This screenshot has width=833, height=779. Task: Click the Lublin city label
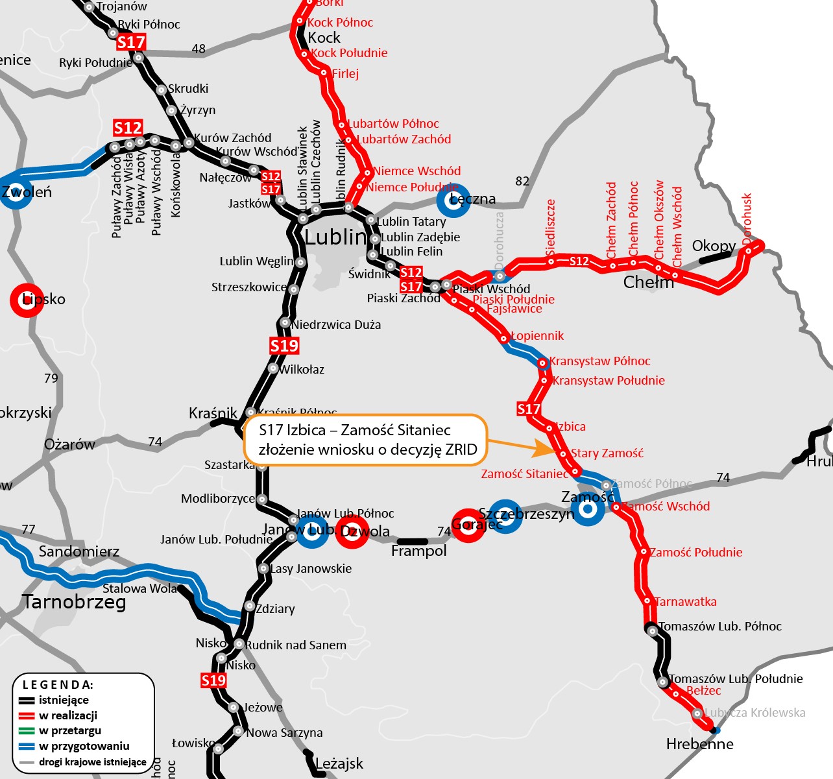335,237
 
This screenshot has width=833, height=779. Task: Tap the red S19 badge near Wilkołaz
284,346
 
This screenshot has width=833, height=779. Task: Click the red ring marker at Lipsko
27,300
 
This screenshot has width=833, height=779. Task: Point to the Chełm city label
648,282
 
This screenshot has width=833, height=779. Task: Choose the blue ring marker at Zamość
588,509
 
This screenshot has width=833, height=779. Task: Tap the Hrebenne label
699,744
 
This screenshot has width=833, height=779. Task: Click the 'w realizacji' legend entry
67,715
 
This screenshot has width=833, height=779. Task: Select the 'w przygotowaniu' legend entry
84,746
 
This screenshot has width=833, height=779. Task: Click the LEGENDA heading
58,685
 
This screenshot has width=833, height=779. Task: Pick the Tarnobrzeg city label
74,602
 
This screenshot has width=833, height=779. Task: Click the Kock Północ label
340,23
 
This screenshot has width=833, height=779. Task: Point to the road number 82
522,181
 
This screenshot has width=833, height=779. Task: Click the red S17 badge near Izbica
529,409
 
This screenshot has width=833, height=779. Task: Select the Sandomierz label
79,552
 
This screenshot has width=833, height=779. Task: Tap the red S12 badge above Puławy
128,128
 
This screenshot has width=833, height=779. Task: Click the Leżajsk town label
339,763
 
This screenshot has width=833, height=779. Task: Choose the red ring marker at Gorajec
468,525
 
